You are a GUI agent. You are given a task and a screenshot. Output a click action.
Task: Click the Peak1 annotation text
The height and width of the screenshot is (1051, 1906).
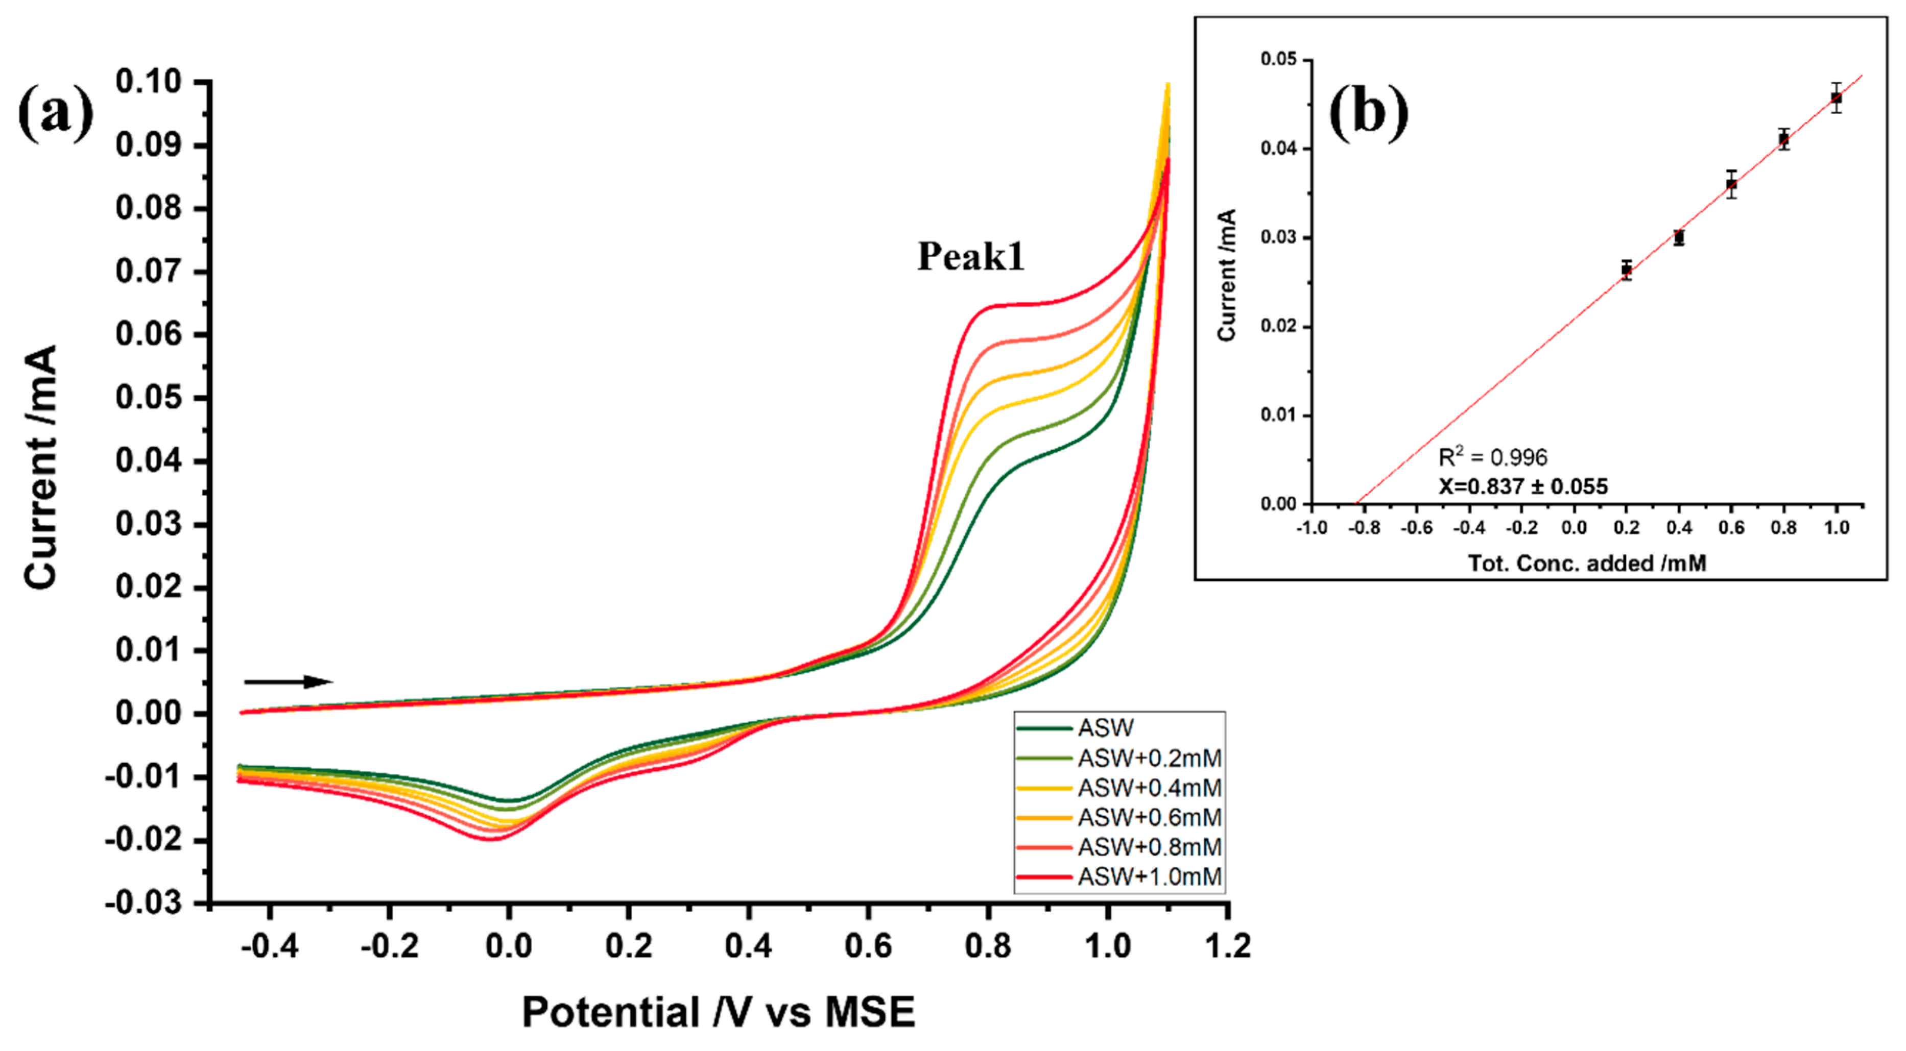pyautogui.click(x=971, y=257)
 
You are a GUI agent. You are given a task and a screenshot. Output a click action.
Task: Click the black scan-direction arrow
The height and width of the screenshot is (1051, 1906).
pyautogui.click(x=288, y=681)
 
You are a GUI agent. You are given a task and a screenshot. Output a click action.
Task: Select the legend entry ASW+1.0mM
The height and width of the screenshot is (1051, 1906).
pyautogui.click(x=1149, y=876)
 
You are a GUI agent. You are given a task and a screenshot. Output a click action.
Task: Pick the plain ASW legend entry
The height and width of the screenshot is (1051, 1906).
pyautogui.click(x=1105, y=728)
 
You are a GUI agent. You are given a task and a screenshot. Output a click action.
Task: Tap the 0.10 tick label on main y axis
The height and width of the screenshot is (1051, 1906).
pyautogui.click(x=148, y=81)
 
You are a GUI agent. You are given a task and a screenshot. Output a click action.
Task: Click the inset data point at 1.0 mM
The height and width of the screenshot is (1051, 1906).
pyautogui.click(x=1836, y=97)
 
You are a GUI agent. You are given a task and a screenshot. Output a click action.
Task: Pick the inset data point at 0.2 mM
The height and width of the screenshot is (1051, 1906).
pyautogui.click(x=1626, y=270)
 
